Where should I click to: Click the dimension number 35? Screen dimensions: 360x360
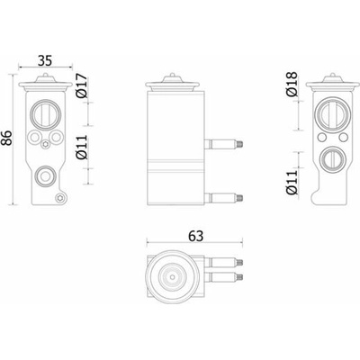[45, 60]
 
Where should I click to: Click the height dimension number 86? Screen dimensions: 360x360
[6, 138]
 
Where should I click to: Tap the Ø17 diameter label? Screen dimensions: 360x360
[82, 85]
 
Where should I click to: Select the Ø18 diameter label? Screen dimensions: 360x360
[292, 84]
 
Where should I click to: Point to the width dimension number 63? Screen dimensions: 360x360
[196, 237]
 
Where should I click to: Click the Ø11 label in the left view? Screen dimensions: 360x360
[82, 147]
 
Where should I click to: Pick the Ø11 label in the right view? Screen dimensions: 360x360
[292, 182]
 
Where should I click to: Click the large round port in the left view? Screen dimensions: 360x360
[46, 113]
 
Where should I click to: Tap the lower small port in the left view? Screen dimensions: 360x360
[45, 176]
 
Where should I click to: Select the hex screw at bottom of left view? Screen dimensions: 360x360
[59, 198]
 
